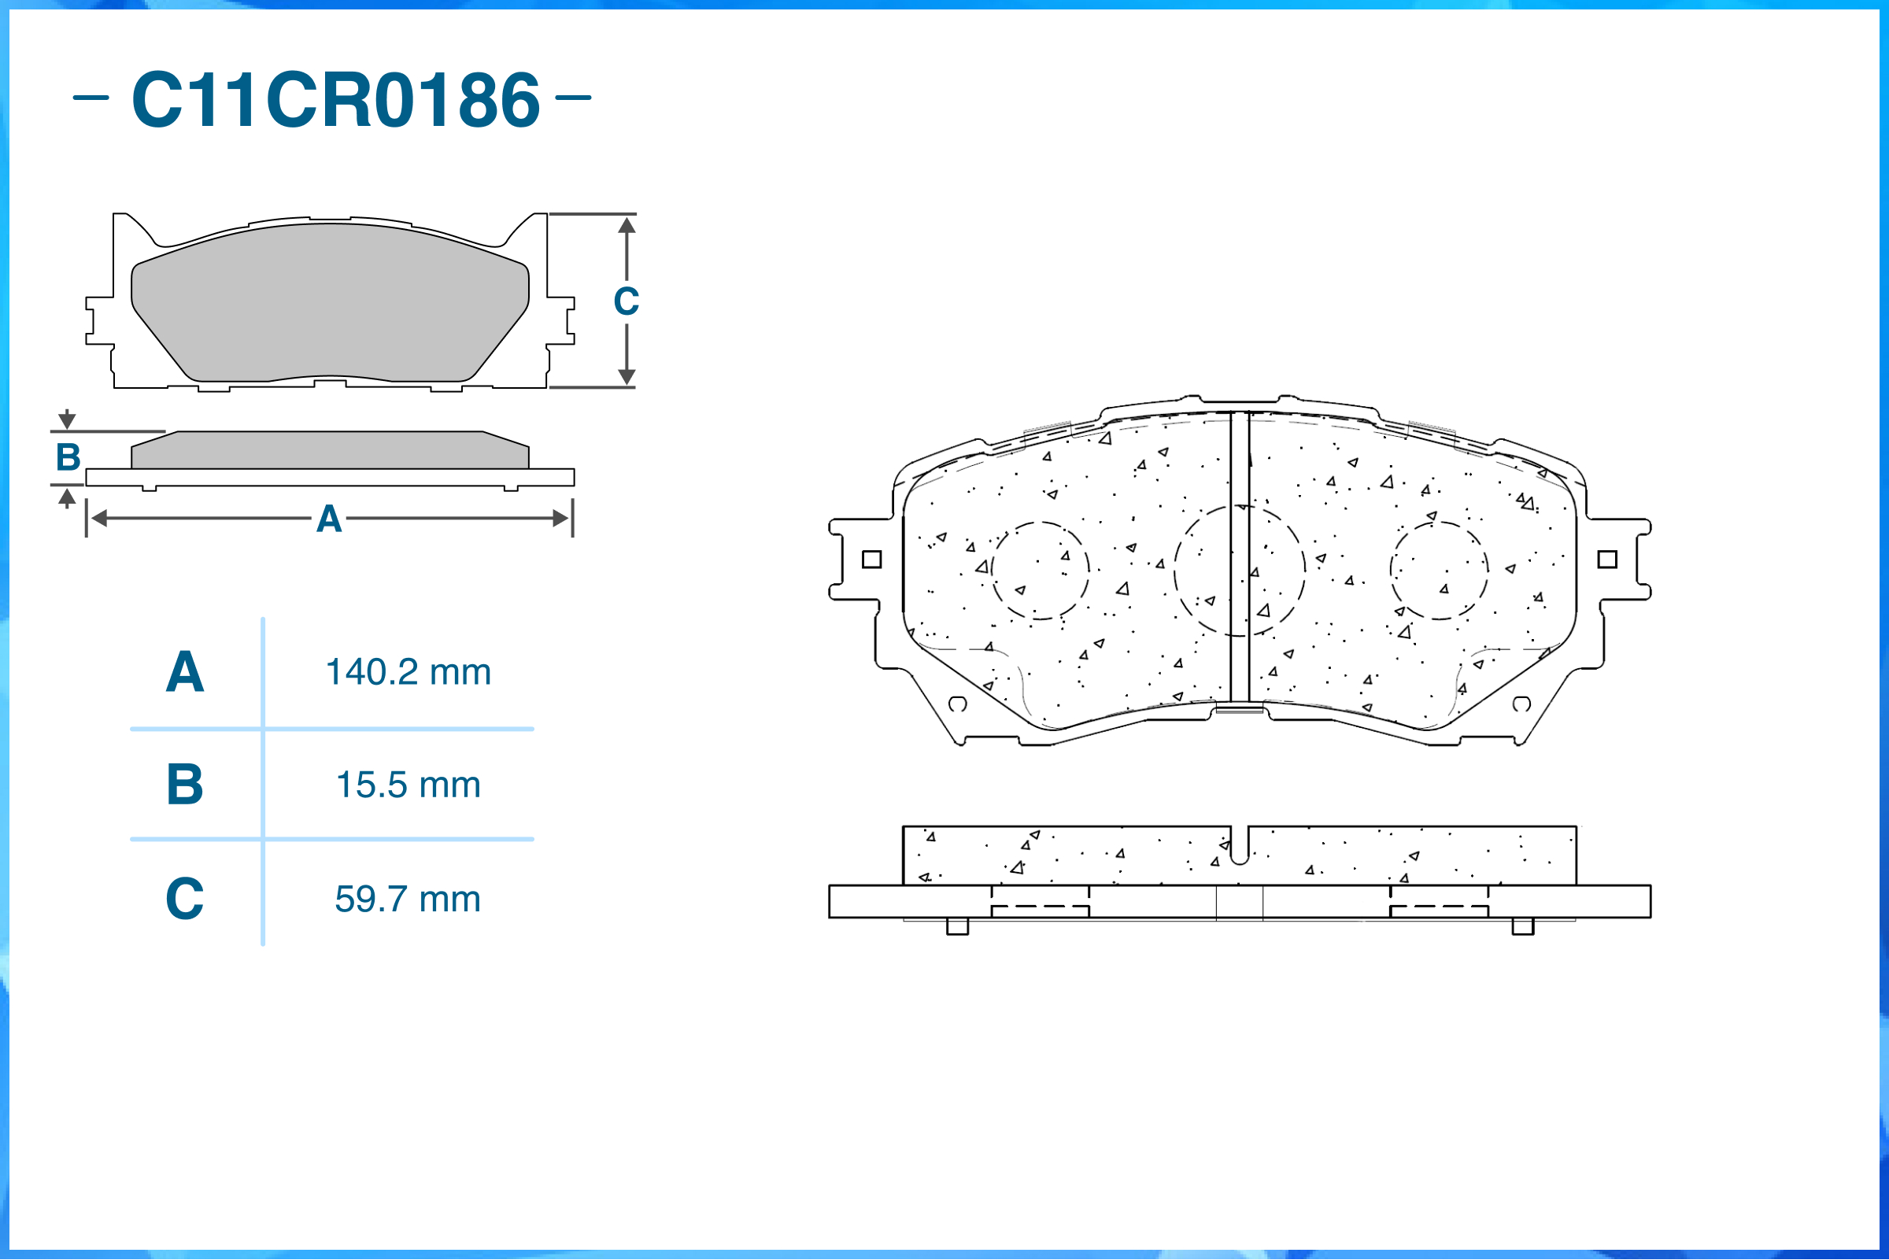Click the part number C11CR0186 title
pyautogui.click(x=335, y=100)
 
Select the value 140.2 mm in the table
pyautogui.click(x=408, y=673)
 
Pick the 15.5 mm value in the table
pyautogui.click(x=408, y=785)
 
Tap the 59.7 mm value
pyautogui.click(x=408, y=900)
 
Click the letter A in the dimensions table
pyautogui.click(x=185, y=672)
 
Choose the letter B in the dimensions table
pyautogui.click(x=185, y=785)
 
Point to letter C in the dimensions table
pyautogui.click(x=185, y=899)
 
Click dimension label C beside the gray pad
pyautogui.click(x=626, y=301)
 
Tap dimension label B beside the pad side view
pyautogui.click(x=68, y=457)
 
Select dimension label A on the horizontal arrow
pyautogui.click(x=329, y=519)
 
